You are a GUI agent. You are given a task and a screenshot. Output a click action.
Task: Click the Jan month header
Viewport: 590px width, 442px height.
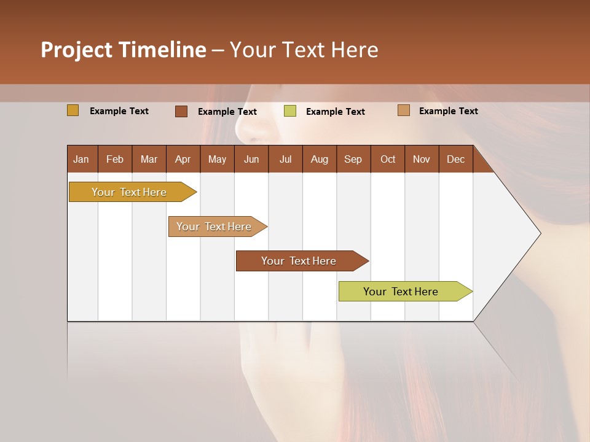pyautogui.click(x=82, y=159)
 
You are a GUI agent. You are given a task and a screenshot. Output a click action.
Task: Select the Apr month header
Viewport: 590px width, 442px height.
pyautogui.click(x=183, y=159)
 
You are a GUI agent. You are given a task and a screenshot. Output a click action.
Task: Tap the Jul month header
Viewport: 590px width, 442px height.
pyautogui.click(x=285, y=159)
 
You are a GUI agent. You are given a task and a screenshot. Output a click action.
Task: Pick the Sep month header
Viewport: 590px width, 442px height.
pyautogui.click(x=353, y=159)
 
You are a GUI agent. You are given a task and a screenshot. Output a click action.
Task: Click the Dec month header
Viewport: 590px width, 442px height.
pyautogui.click(x=455, y=159)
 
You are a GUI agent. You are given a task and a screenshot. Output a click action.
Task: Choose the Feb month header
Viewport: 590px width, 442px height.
pyautogui.click(x=115, y=159)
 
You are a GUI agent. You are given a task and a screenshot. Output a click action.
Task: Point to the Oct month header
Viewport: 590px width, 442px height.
pyautogui.click(x=388, y=159)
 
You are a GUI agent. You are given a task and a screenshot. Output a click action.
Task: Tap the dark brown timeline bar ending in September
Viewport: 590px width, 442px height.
pyautogui.click(x=299, y=261)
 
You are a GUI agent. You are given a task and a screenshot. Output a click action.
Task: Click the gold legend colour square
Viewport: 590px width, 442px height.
pyautogui.click(x=73, y=110)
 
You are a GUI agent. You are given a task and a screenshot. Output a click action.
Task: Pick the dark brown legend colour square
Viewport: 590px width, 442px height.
pyautogui.click(x=181, y=111)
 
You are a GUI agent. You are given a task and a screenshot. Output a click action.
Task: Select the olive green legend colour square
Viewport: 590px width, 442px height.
pyautogui.click(x=290, y=111)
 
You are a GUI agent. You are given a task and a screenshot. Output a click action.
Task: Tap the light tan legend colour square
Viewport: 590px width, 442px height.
pyautogui.click(x=403, y=110)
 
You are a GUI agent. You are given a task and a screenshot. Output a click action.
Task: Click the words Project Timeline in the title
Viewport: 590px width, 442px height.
pyautogui.click(x=123, y=50)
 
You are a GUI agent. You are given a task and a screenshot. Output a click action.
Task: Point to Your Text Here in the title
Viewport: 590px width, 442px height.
pyautogui.click(x=304, y=50)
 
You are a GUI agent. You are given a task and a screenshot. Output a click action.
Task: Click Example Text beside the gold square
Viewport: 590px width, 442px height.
pyautogui.click(x=119, y=111)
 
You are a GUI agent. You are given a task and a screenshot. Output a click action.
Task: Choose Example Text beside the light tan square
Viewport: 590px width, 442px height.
pyautogui.click(x=448, y=111)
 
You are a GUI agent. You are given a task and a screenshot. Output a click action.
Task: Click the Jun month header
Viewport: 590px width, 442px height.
pyautogui.click(x=251, y=159)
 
